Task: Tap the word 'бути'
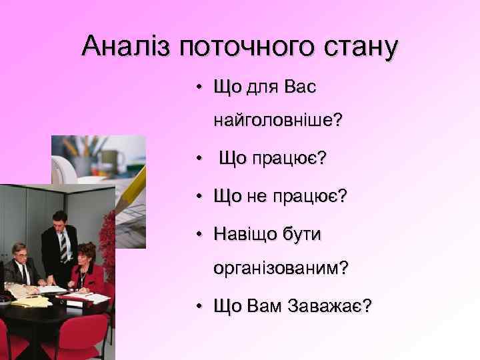302,234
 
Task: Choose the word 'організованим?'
281,267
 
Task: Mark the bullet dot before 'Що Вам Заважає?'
199,306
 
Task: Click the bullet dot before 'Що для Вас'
199,87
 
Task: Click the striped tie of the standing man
63,247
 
